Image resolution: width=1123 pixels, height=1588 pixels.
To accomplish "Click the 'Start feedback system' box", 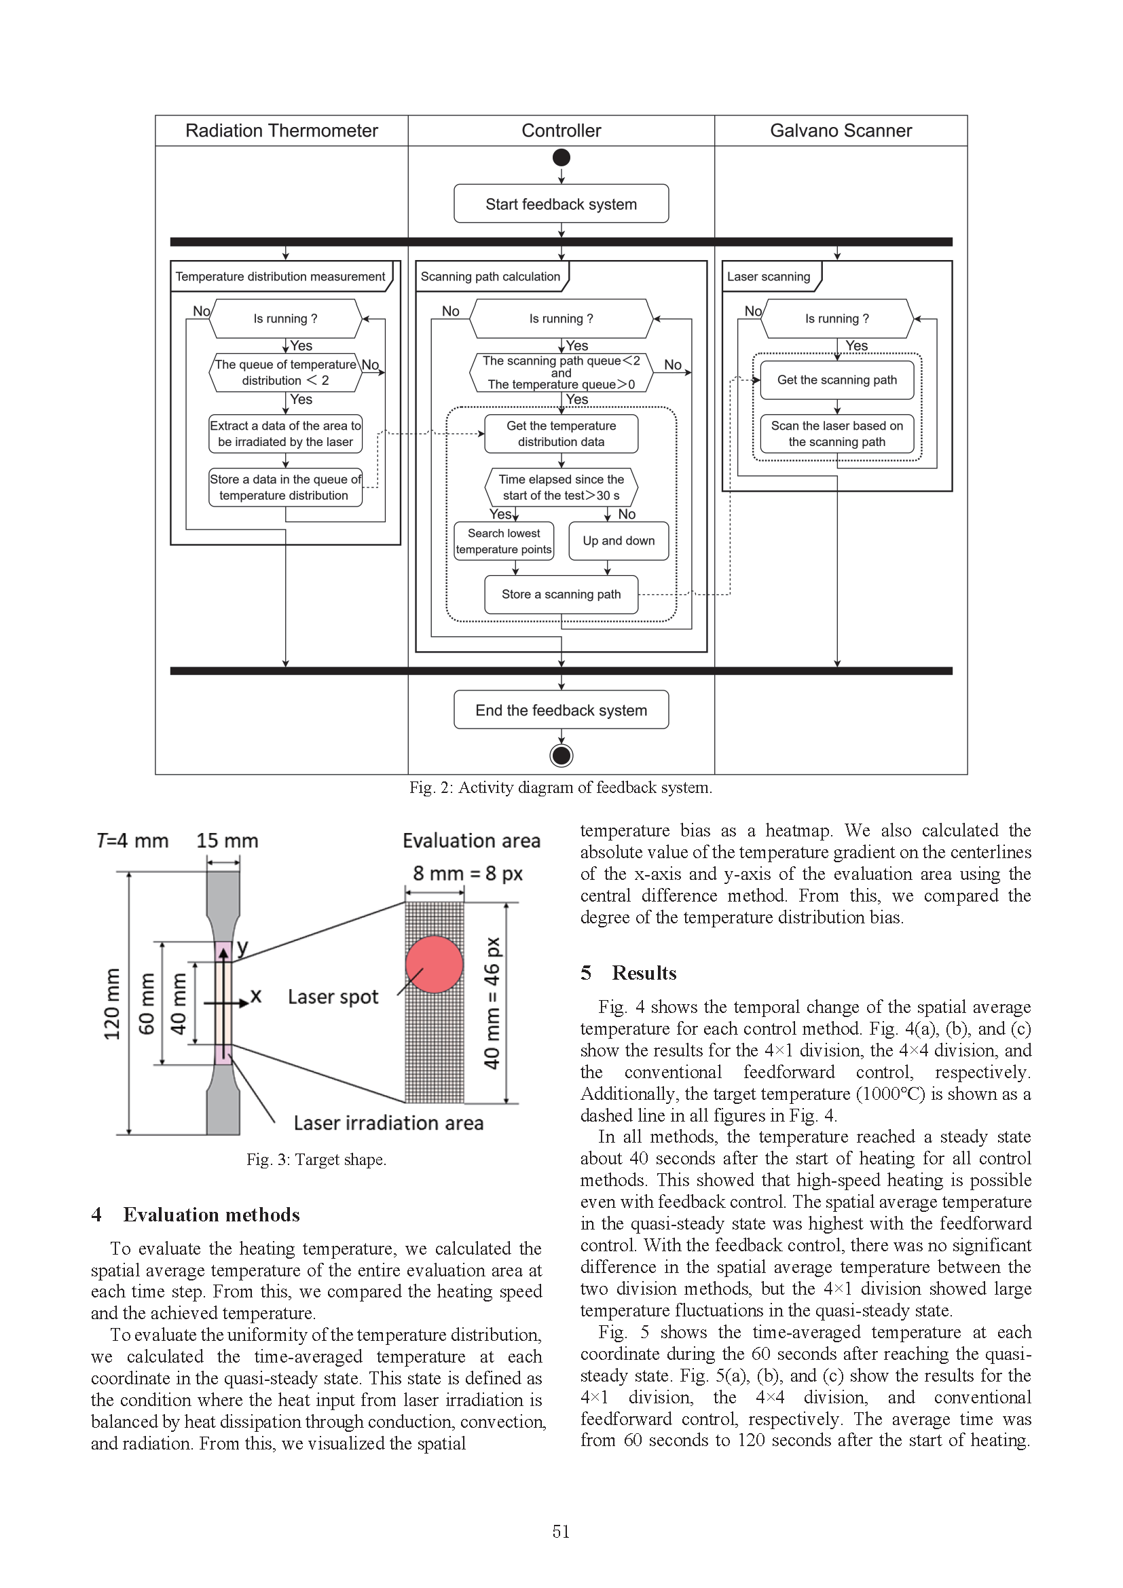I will point(561,204).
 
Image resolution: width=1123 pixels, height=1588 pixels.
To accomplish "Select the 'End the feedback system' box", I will point(561,710).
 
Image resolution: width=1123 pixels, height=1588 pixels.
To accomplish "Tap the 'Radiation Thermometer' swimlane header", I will point(282,131).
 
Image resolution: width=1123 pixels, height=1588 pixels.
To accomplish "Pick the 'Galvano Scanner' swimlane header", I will point(840,131).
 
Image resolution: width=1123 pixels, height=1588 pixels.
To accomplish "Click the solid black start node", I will point(561,158).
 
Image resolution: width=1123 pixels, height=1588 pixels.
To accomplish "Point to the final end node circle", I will point(561,755).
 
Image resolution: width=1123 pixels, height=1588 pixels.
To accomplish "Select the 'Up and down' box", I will point(619,541).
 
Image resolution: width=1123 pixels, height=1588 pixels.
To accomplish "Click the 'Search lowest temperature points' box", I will point(503,541).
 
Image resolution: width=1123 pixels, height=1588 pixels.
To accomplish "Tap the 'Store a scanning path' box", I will point(561,594).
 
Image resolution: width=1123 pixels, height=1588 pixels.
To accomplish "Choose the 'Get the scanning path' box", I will point(836,380).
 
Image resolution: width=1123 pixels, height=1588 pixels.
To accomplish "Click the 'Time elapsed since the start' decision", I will point(561,487).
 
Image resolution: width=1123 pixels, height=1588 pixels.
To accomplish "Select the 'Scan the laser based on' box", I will point(836,434).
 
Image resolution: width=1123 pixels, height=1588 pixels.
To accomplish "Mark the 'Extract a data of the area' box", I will point(285,434).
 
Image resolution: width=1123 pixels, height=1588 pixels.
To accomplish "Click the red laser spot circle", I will point(435,964).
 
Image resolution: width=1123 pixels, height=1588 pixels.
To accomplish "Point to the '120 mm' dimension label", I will point(111,1003).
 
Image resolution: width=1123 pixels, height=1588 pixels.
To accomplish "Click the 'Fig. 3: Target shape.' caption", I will point(316,1159).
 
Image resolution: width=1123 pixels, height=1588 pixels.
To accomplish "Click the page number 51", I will point(561,1531).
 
